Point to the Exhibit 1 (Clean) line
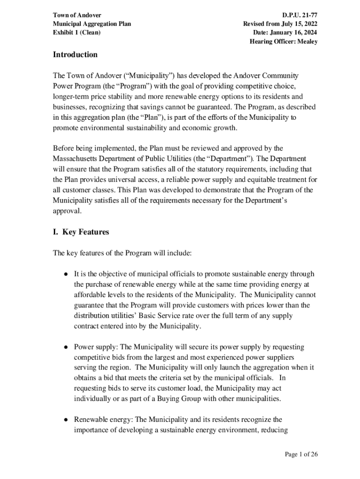(77, 33)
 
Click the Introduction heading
(75, 55)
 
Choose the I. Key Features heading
(81, 232)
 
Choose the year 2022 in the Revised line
(310, 24)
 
